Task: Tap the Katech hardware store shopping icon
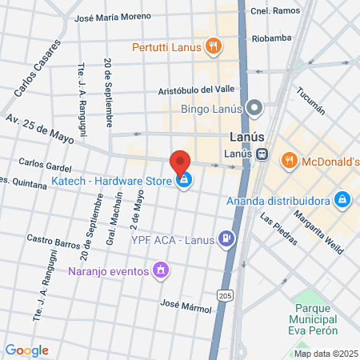tap(185, 179)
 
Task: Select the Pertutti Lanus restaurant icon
tap(212, 47)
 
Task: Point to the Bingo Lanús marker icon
tap(255, 106)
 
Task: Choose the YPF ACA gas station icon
tap(227, 238)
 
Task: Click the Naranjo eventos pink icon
tap(161, 270)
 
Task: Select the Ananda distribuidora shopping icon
tap(342, 198)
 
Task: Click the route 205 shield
tap(225, 295)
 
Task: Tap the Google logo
tap(26, 350)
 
